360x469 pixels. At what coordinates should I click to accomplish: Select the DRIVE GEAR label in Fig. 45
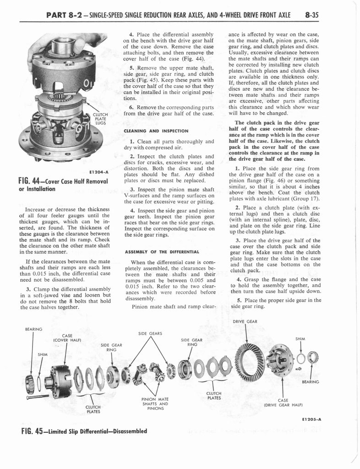pos(245,321)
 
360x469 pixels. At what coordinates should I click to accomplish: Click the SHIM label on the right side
pos(300,339)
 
